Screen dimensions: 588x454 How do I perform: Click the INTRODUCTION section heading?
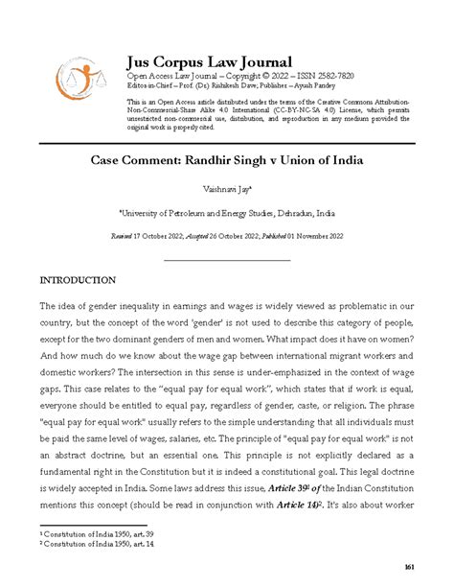point(78,281)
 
